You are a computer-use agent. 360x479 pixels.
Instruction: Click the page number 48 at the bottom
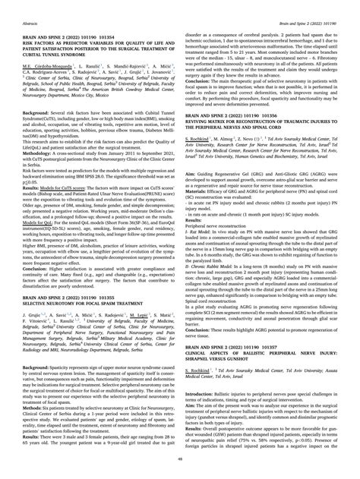click(180, 468)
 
